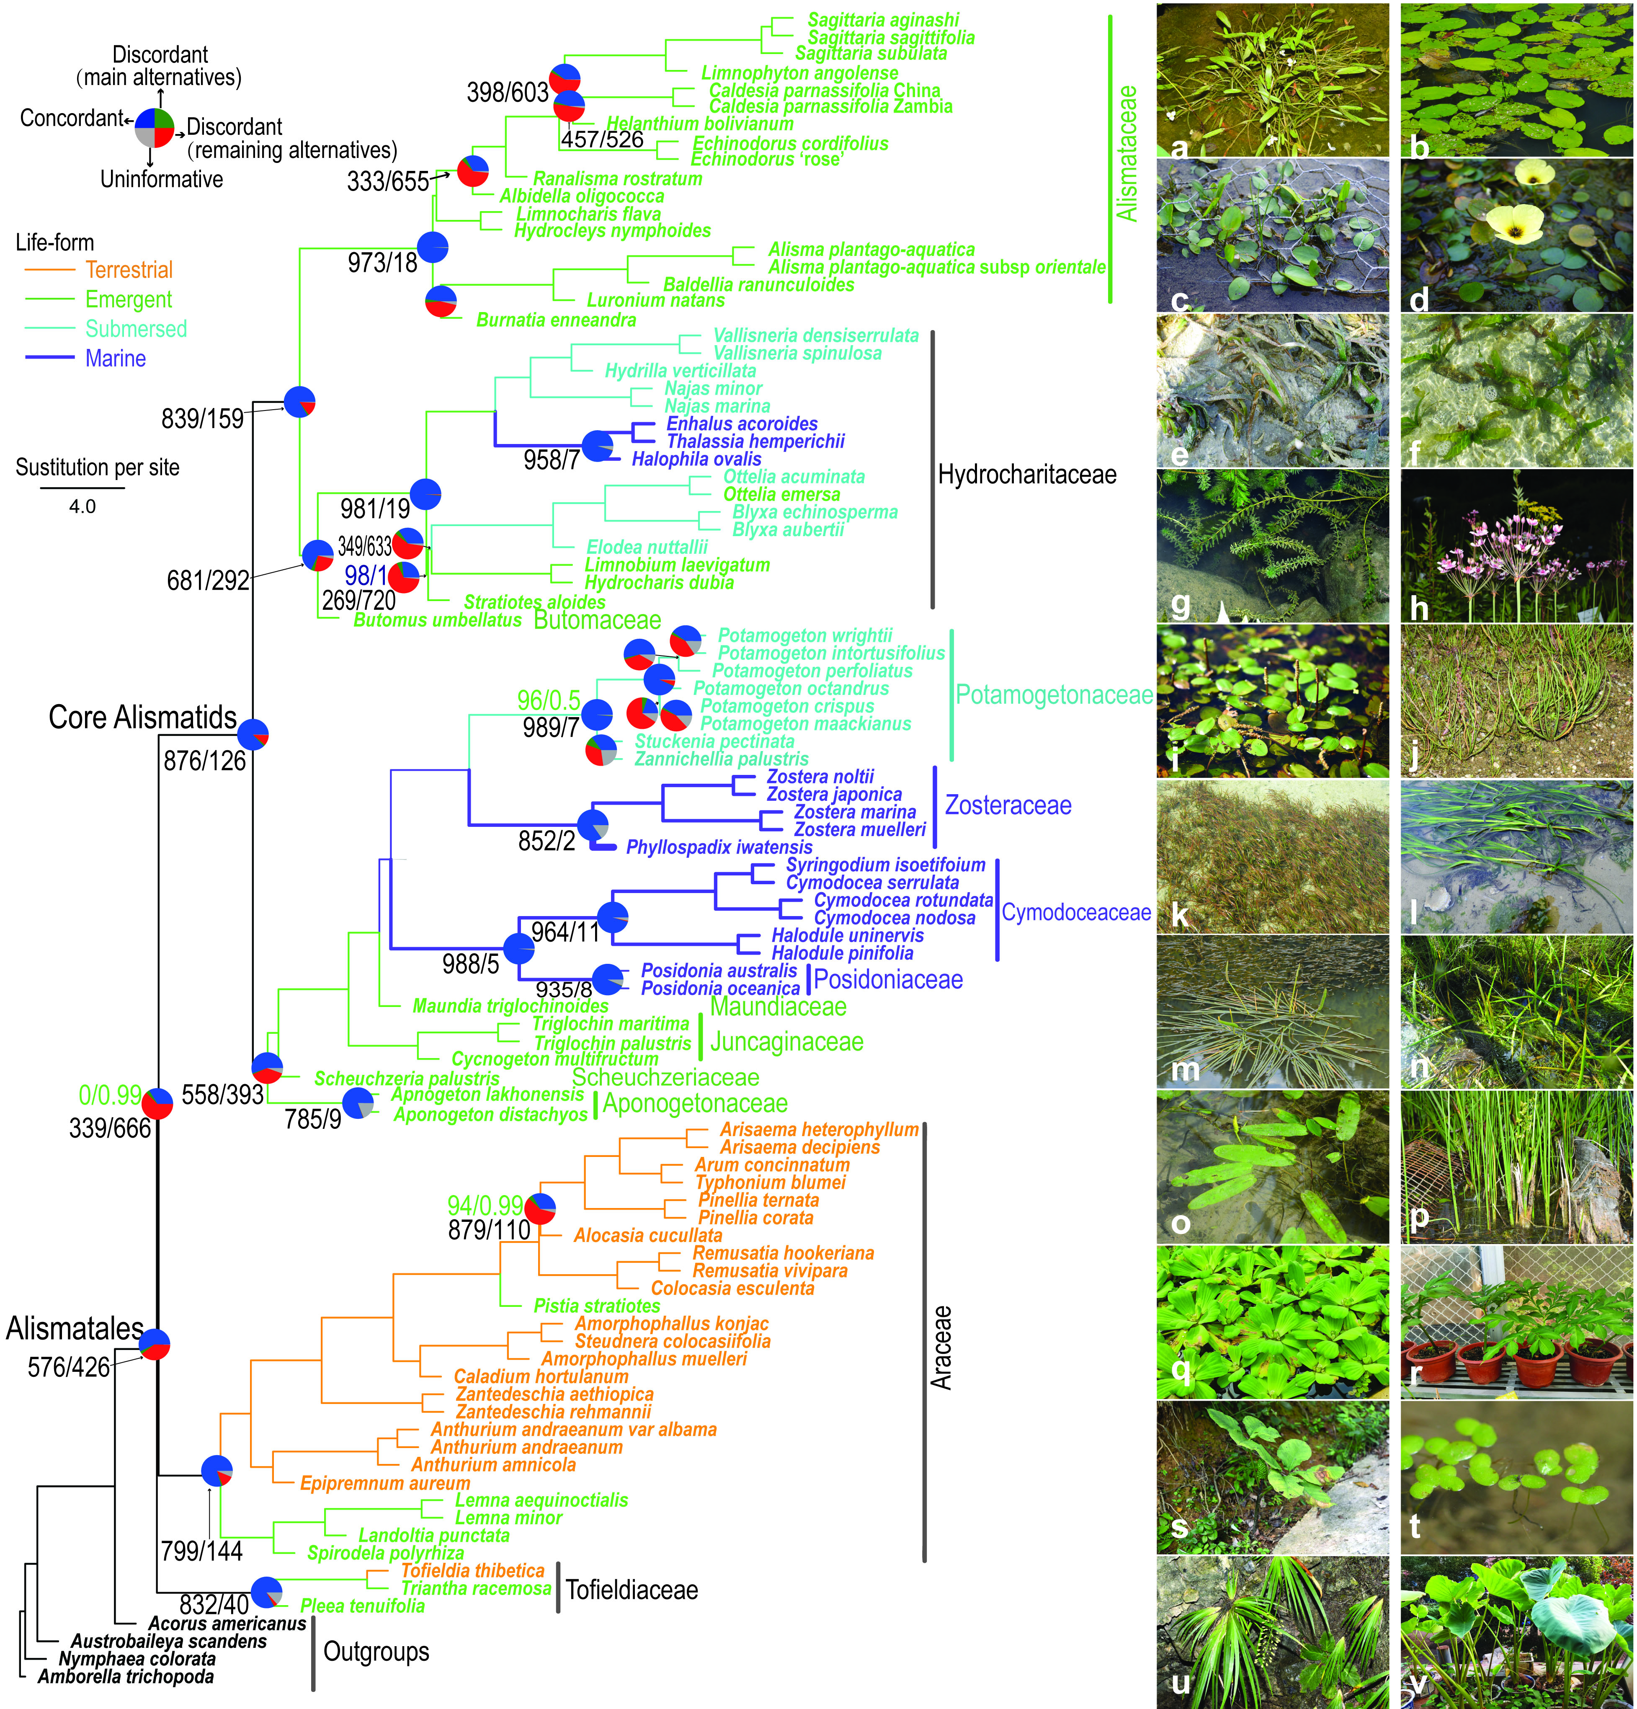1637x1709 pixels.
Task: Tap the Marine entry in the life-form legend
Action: tap(115, 359)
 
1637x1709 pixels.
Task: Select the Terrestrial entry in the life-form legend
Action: tap(129, 269)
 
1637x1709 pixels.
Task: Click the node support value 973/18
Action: tap(383, 263)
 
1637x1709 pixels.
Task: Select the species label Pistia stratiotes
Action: tap(597, 1305)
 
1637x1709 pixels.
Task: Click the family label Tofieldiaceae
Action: tap(632, 1590)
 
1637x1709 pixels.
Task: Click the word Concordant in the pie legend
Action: tap(72, 118)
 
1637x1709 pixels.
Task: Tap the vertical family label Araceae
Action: tap(941, 1347)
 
